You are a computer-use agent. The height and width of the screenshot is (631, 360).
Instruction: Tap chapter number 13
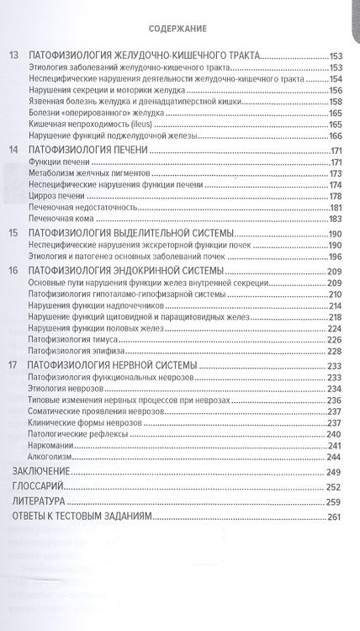(x=13, y=55)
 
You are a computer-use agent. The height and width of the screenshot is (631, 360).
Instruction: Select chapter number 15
(x=13, y=231)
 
